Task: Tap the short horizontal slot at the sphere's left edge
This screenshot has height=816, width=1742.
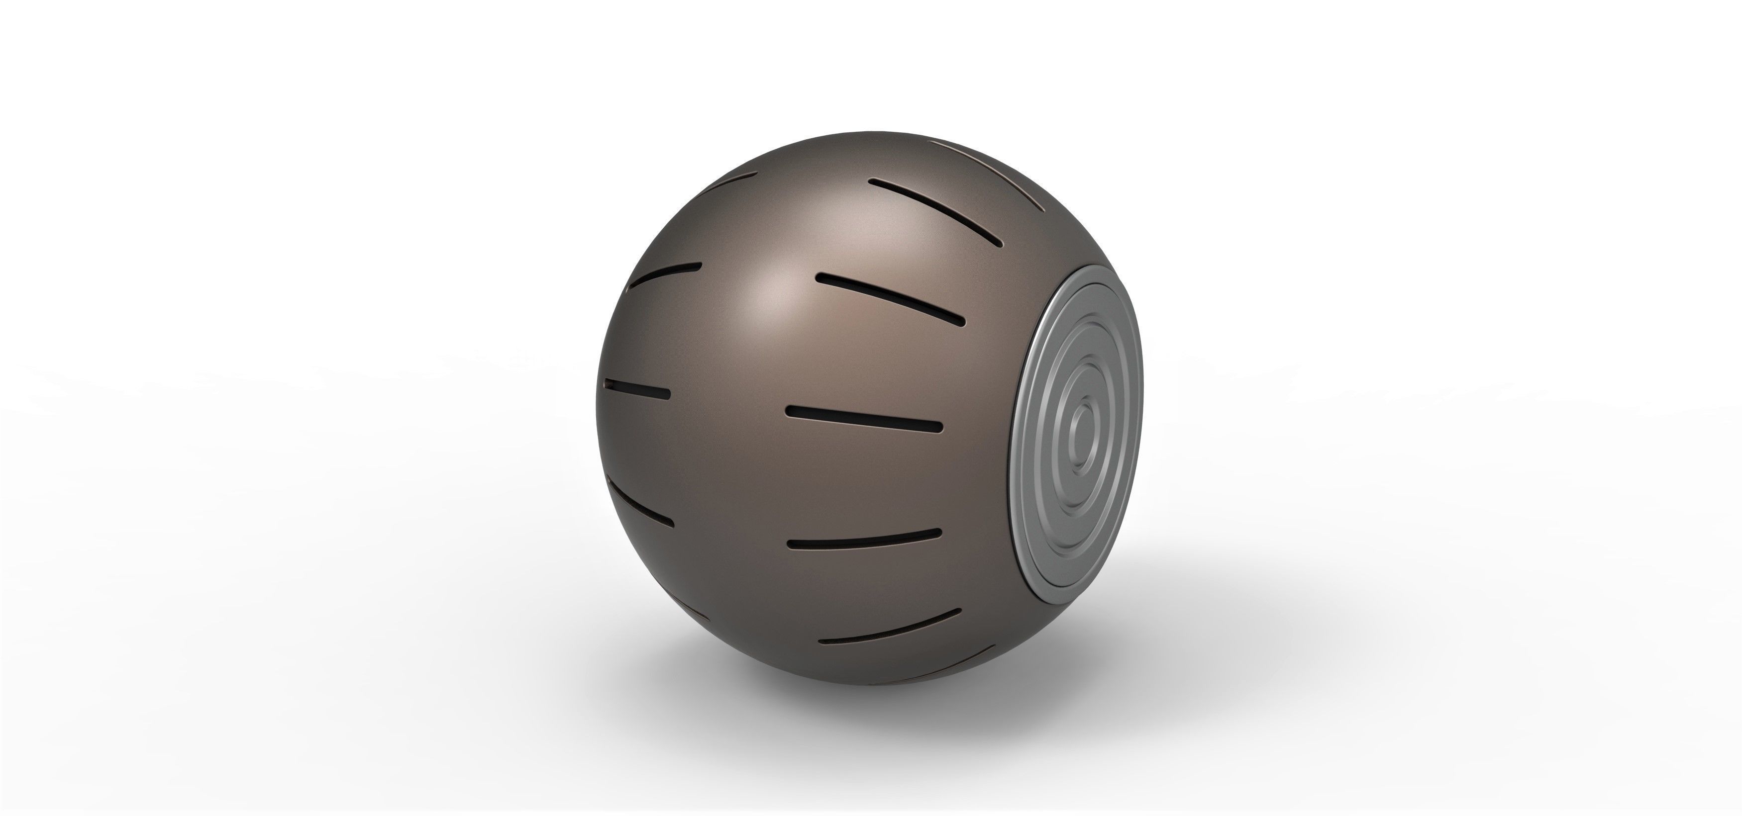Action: pyautogui.click(x=638, y=389)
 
